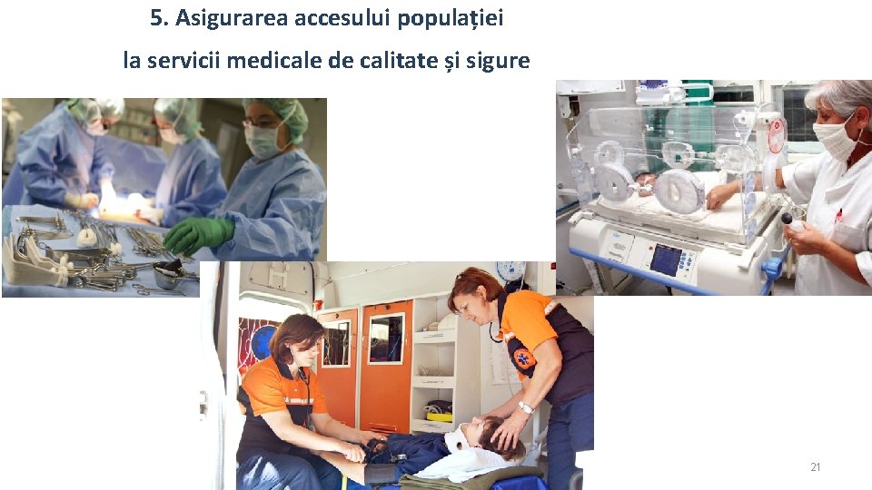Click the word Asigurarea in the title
click(x=233, y=18)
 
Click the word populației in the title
click(x=451, y=19)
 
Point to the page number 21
click(x=816, y=466)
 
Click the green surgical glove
click(x=199, y=234)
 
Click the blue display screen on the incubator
click(x=666, y=260)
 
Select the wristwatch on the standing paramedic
click(x=526, y=408)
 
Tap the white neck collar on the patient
click(x=457, y=438)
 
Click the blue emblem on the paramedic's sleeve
click(x=523, y=358)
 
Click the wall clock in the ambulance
click(x=511, y=271)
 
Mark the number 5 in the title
click(x=158, y=18)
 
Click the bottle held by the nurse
click(x=793, y=221)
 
